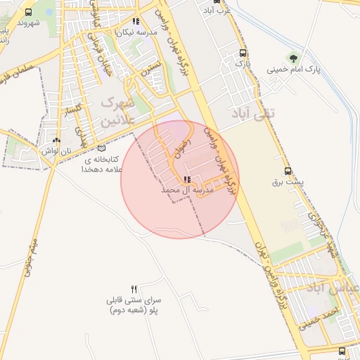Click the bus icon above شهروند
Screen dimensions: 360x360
tap(28, 13)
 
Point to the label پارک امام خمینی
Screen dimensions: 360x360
tap(293, 70)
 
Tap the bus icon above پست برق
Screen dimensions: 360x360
tap(287, 171)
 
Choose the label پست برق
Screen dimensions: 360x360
tap(288, 182)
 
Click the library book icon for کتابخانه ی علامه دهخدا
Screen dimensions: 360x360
tap(102, 148)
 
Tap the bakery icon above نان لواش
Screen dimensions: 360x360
tap(56, 140)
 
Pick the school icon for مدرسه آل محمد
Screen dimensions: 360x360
tap(187, 179)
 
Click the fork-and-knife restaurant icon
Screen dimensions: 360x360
tap(134, 289)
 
